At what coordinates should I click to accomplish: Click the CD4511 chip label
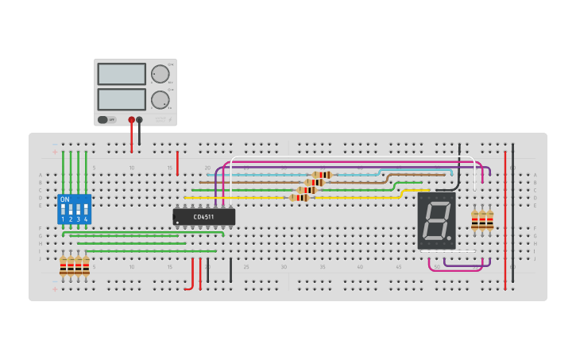coord(203,216)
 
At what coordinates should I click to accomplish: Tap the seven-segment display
coord(436,220)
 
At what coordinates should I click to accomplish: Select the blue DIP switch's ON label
coord(65,199)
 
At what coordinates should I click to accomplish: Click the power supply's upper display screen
coord(122,74)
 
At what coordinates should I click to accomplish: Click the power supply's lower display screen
coord(122,99)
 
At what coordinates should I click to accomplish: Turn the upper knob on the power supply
coord(160,74)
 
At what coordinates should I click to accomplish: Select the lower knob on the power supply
coord(160,99)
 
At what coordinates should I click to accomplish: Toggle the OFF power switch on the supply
coord(103,120)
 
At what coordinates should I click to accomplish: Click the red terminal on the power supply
coord(132,120)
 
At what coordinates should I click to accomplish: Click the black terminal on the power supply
coord(140,120)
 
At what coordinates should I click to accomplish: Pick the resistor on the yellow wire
coord(300,197)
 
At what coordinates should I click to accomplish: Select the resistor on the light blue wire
coord(322,175)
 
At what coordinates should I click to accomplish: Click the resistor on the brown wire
coord(315,182)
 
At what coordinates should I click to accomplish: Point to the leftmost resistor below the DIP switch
coord(63,266)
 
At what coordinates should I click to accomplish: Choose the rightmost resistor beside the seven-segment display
coord(490,219)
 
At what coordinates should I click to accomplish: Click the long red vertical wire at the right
coord(505,219)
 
